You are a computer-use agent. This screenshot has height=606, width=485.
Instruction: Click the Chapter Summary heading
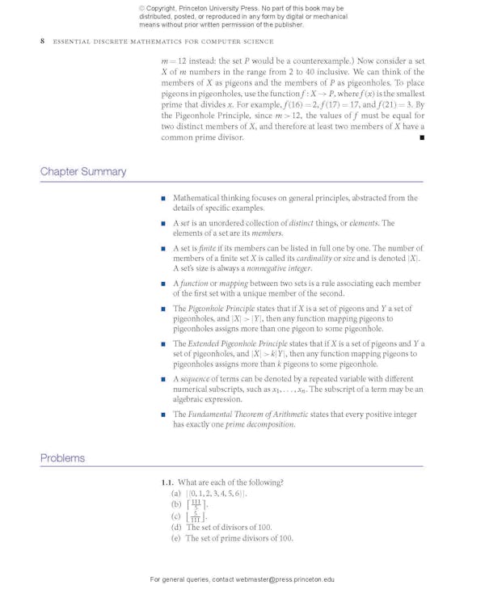point(83,171)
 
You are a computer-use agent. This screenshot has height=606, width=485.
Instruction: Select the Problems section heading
point(62,457)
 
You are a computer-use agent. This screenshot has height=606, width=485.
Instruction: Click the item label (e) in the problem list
point(175,538)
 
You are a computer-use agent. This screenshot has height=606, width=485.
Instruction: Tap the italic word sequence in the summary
point(195,379)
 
